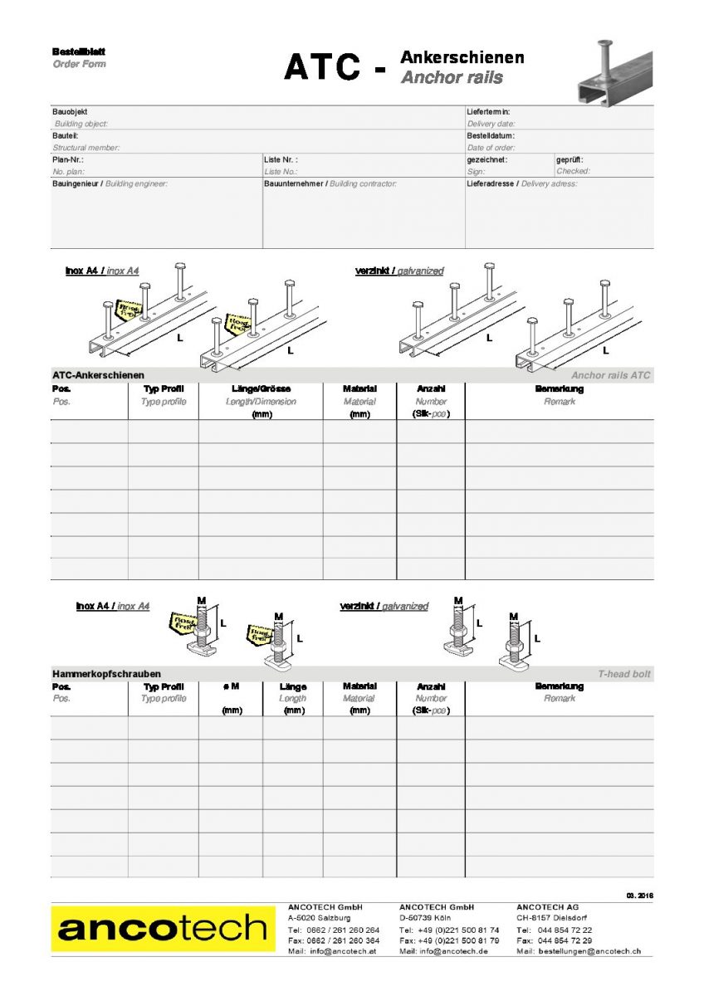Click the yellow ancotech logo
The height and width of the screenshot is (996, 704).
tap(163, 929)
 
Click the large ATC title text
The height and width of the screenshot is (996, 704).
tap(323, 67)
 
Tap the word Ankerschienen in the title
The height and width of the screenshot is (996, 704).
tap(462, 57)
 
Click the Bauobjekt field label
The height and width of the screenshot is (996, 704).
tap(70, 111)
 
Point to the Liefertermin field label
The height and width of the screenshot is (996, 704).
tap(488, 111)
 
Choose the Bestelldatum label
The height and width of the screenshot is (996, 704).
tap(491, 135)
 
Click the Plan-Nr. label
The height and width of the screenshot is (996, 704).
tap(68, 159)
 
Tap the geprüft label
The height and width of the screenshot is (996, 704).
tap(570, 159)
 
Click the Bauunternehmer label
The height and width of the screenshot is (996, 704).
tap(295, 183)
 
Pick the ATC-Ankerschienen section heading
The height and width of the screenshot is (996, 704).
tap(98, 375)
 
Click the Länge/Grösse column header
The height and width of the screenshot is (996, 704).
tap(261, 388)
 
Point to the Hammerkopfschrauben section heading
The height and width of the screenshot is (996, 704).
tap(106, 674)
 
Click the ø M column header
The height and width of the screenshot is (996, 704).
tap(231, 686)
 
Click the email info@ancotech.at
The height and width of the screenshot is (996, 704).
tap(345, 951)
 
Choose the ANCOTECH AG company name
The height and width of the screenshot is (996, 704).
tap(548, 907)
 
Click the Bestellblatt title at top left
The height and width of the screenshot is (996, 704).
tap(79, 51)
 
